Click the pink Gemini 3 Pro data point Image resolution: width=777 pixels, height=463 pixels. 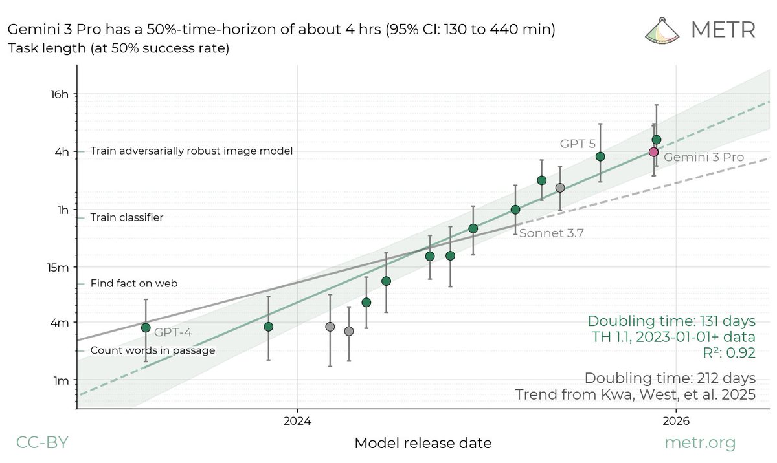coord(653,152)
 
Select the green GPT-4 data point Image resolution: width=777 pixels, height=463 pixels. coord(146,328)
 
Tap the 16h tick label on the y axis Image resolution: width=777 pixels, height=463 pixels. coord(58,94)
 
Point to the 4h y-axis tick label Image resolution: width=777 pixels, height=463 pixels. coord(61,152)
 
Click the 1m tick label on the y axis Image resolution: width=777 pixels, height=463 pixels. coord(60,380)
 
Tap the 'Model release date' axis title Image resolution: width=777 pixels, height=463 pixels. coord(423,444)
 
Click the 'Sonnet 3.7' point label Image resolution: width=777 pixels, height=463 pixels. coord(551,234)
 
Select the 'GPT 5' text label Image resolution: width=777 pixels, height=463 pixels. coord(578,144)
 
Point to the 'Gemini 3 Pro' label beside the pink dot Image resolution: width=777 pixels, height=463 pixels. coord(704,157)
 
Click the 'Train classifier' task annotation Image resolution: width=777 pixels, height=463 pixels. coord(126,218)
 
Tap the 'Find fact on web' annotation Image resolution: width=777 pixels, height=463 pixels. coord(133,283)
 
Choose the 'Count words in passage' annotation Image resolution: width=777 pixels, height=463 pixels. coord(152,350)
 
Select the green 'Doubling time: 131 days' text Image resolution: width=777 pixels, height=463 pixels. coord(671,321)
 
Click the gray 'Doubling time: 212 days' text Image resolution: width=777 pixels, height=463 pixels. coord(670,378)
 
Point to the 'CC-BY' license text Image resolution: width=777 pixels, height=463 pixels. coord(41,443)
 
